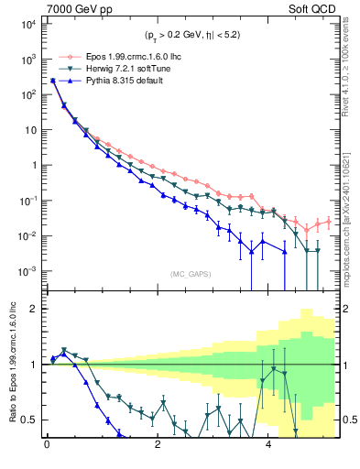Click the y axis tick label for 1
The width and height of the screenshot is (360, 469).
point(32,166)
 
